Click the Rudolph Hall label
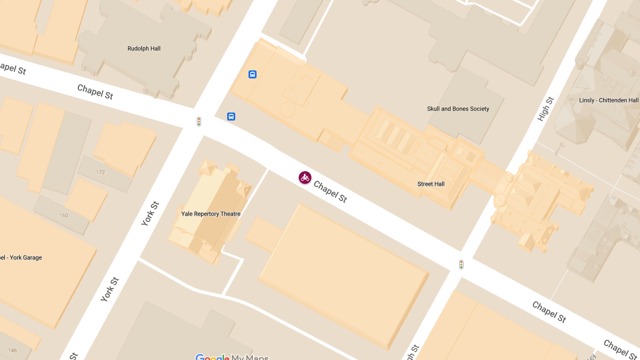pos(143,49)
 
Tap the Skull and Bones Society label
pos(458,109)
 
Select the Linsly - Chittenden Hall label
pos(609,100)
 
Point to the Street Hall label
pos(431,184)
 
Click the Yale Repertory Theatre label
pos(211,214)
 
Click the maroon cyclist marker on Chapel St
pos(305,178)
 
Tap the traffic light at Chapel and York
pos(199,122)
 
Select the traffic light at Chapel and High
pos(461,264)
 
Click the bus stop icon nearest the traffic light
pos(231,116)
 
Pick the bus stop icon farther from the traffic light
pos(253,74)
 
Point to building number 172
pos(100,172)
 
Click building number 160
pos(63,215)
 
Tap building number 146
pos(12,350)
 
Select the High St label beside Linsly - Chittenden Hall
pos(546,109)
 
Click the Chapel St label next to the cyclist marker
pos(330,191)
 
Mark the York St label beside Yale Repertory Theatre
pos(150,213)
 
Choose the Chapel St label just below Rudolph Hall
pos(95,92)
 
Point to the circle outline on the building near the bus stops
pos(287,109)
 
